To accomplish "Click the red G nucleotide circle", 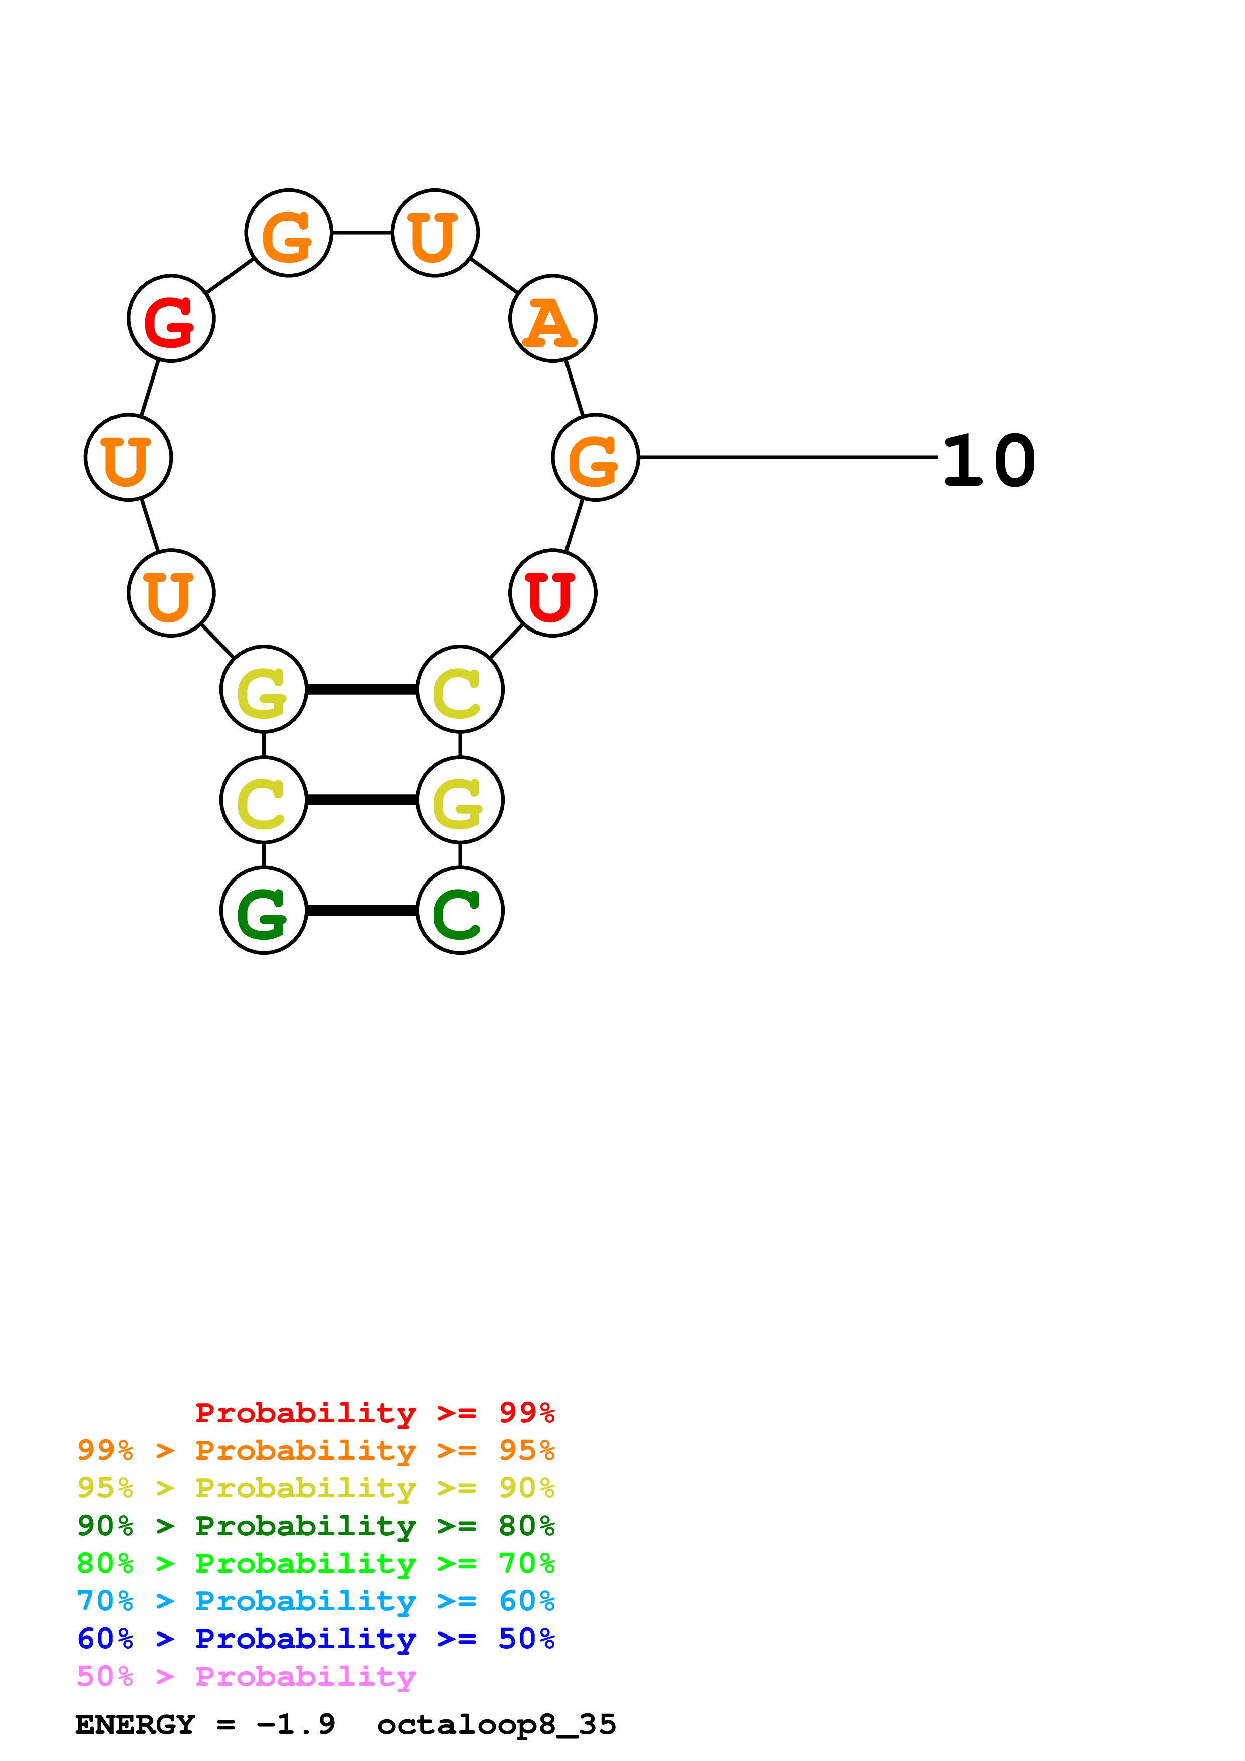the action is coord(171,318).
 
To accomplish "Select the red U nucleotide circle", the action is coord(552,593).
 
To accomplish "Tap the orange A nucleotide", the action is coord(552,318).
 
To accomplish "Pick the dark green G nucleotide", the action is coord(264,911).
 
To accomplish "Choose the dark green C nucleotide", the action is coord(460,911).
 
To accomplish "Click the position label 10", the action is coord(989,460).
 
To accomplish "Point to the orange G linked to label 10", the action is coord(595,458).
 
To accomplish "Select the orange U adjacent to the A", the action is coord(435,232).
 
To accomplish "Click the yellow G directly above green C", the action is coord(460,800).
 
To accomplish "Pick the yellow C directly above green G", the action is coord(264,800).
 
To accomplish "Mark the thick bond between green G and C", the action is coord(362,911).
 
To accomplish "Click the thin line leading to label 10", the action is coord(788,458).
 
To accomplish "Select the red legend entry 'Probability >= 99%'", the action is coord(375,1413).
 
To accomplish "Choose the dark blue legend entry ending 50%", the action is coord(316,1639).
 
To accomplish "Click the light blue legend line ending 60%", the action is coord(316,1601).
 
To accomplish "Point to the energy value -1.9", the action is coord(296,1725).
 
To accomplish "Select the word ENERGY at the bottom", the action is coord(136,1725).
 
